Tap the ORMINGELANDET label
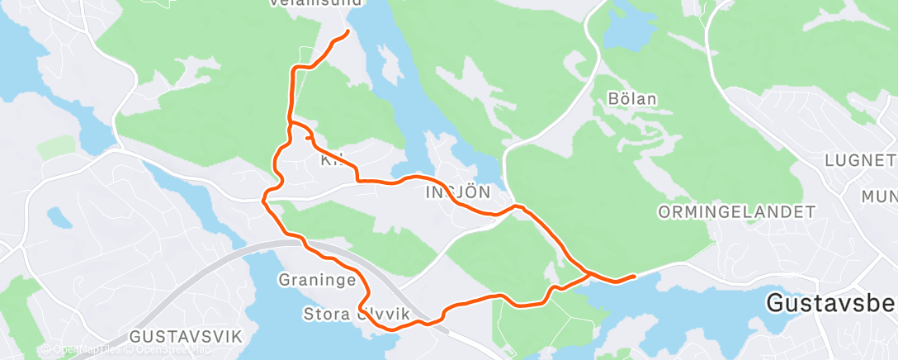pyautogui.click(x=736, y=212)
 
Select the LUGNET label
pyautogui.click(x=865, y=159)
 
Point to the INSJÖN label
pyautogui.click(x=457, y=192)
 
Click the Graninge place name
pyautogui.click(x=316, y=279)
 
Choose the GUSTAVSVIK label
pyautogui.click(x=185, y=336)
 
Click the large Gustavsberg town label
pyautogui.click(x=830, y=303)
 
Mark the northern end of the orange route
pyautogui.click(x=347, y=31)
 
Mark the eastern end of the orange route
pyautogui.click(x=633, y=276)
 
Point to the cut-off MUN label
pyautogui.click(x=879, y=196)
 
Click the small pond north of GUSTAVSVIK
pyautogui.click(x=59, y=219)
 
